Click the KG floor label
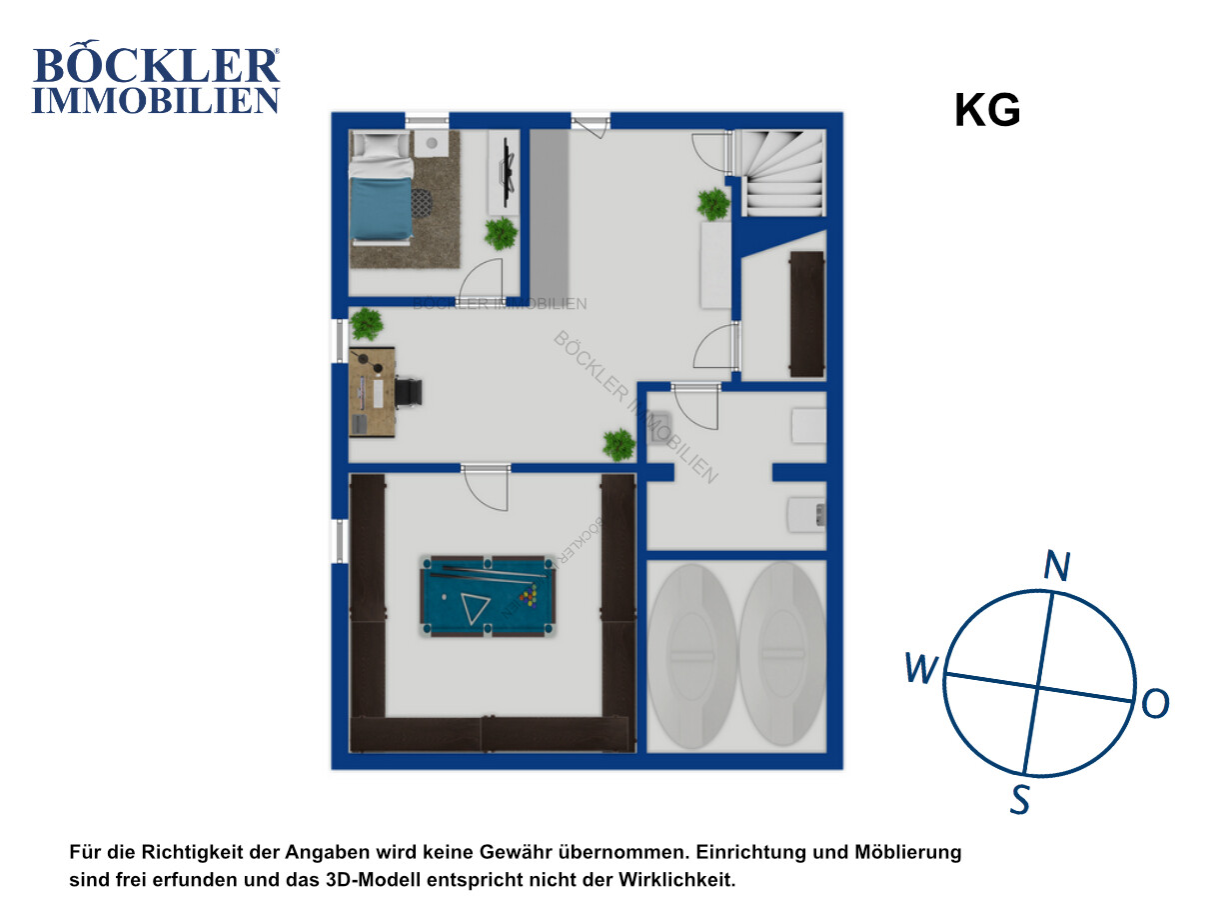point(987,110)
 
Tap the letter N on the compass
point(1056,566)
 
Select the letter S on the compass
point(1020,799)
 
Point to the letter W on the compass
point(921,667)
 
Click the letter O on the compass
point(1155,704)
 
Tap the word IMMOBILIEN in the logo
point(156,100)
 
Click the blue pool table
point(488,596)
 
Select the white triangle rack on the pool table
point(475,608)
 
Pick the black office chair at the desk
point(409,392)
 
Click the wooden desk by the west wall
point(372,392)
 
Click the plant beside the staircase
point(713,204)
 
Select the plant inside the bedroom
point(501,233)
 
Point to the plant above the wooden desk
point(366,324)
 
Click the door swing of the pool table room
point(486,490)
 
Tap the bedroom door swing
point(481,280)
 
